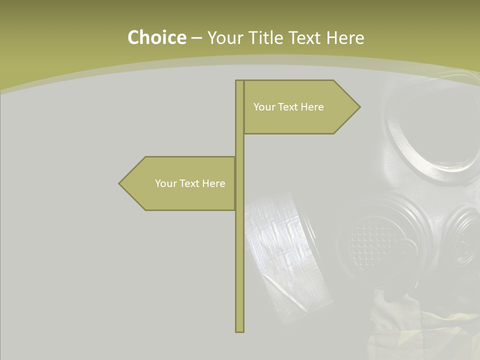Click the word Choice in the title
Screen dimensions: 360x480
[x=156, y=38]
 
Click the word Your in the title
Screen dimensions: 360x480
[x=224, y=38]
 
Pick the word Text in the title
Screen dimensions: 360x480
[x=304, y=38]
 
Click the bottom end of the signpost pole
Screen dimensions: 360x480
[x=239, y=330]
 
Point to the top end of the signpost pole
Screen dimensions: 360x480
[x=239, y=81]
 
